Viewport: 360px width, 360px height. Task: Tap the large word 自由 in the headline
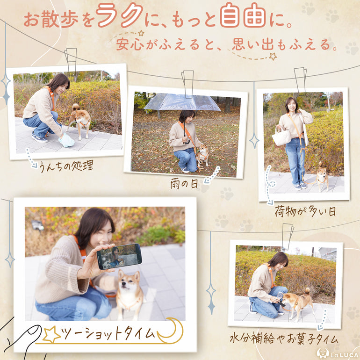pyautogui.click(x=243, y=15)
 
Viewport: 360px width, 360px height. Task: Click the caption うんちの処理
pyautogui.click(x=66, y=166)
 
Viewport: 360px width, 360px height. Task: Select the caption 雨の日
pyautogui.click(x=184, y=184)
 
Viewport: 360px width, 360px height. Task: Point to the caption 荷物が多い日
pyautogui.click(x=305, y=211)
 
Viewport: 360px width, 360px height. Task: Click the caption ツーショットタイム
pyautogui.click(x=108, y=334)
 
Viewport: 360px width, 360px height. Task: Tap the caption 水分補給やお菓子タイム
pyautogui.click(x=284, y=339)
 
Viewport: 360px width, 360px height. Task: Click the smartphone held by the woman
pyautogui.click(x=119, y=256)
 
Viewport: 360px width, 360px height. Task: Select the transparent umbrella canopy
pyautogui.click(x=181, y=102)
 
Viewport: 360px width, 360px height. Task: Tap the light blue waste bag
pyautogui.click(x=66, y=140)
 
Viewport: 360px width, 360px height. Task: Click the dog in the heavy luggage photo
pyautogui.click(x=322, y=176)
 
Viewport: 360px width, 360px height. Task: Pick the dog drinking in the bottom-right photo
pyautogui.click(x=298, y=303)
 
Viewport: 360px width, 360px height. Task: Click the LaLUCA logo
pyautogui.click(x=338, y=353)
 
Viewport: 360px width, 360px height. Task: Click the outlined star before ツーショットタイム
pyautogui.click(x=51, y=334)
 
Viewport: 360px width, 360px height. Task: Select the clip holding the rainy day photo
pyautogui.click(x=187, y=84)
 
